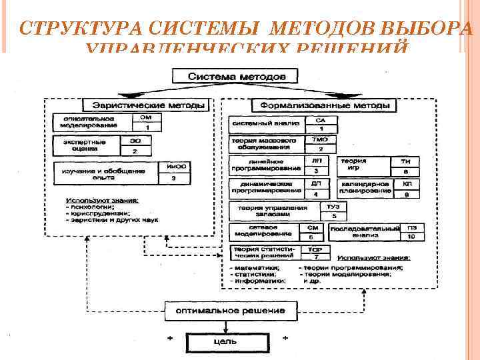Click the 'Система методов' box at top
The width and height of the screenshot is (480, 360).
[238, 77]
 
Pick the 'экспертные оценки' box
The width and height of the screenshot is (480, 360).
[87, 146]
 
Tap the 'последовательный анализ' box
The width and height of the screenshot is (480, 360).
[363, 231]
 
